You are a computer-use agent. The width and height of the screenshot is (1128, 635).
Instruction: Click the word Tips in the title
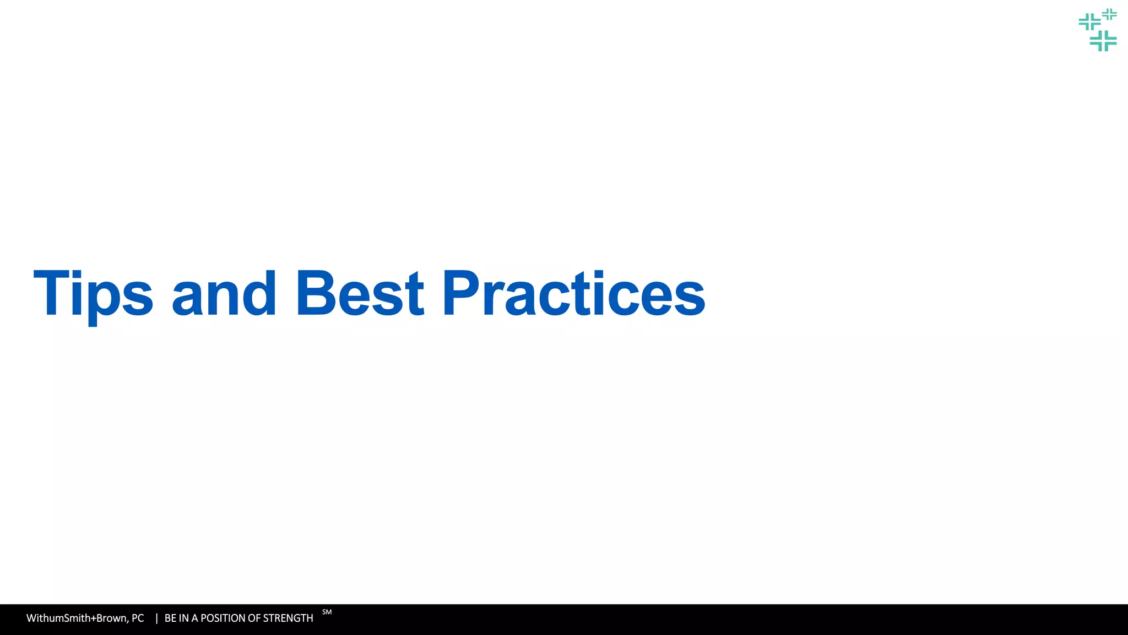coord(93,293)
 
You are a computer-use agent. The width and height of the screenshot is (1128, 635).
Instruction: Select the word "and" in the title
coord(224,293)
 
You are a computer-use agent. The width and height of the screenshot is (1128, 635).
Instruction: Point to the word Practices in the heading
coord(573,293)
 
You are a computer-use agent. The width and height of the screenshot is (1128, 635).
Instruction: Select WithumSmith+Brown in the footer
coord(77,618)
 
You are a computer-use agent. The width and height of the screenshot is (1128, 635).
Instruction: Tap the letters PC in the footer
coord(138,618)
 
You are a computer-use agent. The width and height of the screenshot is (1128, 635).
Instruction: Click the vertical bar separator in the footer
coord(156,618)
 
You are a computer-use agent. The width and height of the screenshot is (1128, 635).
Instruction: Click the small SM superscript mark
coord(327,612)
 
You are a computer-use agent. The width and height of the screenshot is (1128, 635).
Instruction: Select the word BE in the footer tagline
coord(171,618)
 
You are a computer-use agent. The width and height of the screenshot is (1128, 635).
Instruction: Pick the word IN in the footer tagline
coord(184,618)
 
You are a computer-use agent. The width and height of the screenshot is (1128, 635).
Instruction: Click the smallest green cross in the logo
coord(1109,14)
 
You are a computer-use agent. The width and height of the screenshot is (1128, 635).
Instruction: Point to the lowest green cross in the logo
coord(1103,41)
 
